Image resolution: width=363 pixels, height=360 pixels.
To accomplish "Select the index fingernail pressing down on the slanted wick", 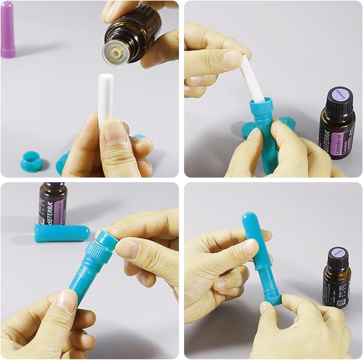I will (233, 59).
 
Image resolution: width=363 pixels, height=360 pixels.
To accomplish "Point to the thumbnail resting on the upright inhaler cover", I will (250, 247).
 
